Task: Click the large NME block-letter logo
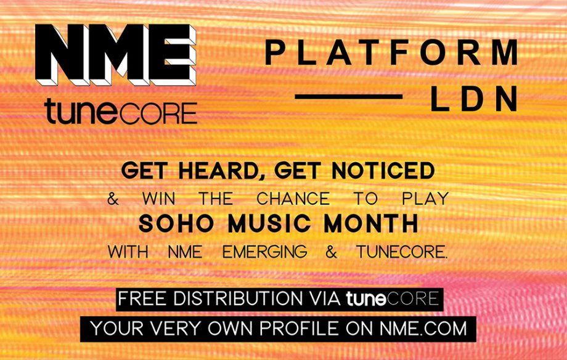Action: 116,55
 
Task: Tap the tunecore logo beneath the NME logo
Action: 121,112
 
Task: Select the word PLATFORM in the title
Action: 391,52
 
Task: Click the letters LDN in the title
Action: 474,99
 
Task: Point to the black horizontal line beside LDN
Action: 349,97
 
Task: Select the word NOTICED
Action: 383,171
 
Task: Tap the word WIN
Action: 159,198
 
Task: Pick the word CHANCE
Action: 293,198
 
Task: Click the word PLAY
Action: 425,198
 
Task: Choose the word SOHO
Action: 176,224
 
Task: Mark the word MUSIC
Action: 269,224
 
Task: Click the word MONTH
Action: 372,224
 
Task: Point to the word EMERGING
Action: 264,252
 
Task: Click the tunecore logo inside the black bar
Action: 393,299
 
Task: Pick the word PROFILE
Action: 300,329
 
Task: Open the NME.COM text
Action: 423,329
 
